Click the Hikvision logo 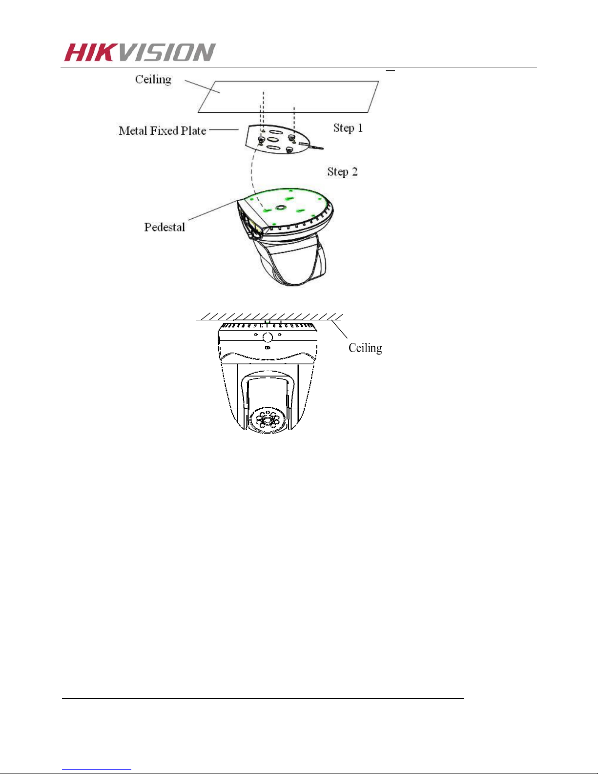[x=140, y=52]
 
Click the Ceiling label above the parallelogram [x=153, y=80]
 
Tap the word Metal [x=133, y=131]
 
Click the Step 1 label [x=348, y=128]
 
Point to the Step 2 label [x=342, y=172]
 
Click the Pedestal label [x=165, y=227]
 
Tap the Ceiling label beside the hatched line [x=365, y=348]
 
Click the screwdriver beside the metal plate [x=311, y=146]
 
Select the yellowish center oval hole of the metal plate [x=273, y=140]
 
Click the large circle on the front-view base [x=268, y=337]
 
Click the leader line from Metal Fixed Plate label [x=224, y=130]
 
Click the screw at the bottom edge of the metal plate [x=289, y=149]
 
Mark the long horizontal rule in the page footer [x=263, y=698]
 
